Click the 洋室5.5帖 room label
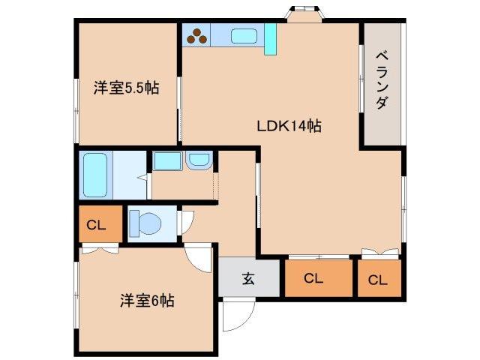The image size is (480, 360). [x=126, y=88]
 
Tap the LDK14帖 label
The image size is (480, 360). [x=289, y=126]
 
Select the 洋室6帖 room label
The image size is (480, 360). [x=147, y=301]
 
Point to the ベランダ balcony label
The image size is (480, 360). [x=381, y=80]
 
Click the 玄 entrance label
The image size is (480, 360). [x=248, y=280]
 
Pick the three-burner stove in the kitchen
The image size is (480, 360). [x=197, y=34]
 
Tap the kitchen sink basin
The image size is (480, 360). [x=244, y=36]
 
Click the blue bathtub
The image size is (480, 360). [x=96, y=174]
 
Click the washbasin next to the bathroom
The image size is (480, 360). [x=199, y=160]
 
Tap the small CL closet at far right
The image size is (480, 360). [x=378, y=280]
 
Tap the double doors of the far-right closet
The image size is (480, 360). [x=378, y=253]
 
